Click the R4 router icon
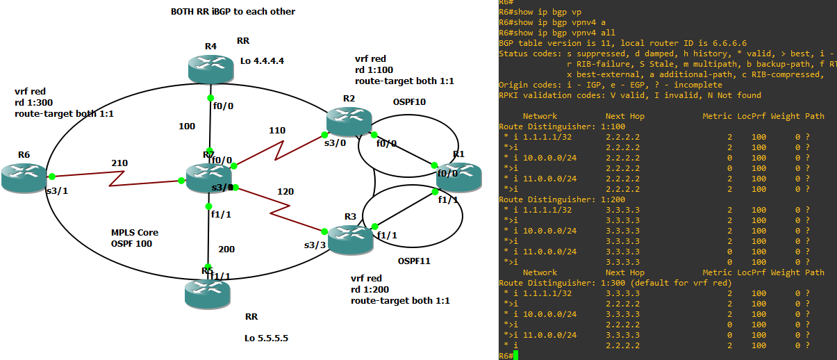click(210, 68)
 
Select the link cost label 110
click(277, 130)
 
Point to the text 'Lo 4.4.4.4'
click(263, 60)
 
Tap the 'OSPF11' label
click(413, 261)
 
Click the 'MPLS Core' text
click(135, 232)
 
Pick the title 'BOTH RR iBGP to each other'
click(233, 12)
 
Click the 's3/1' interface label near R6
click(56, 191)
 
